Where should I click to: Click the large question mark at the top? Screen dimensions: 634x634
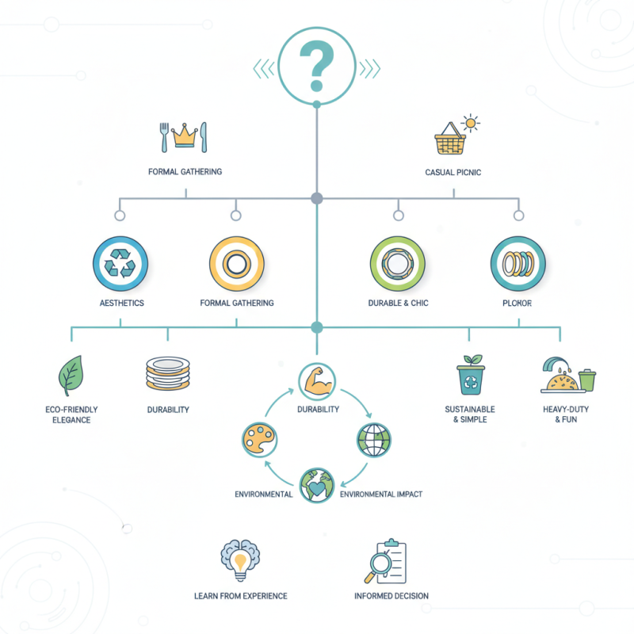pos(316,66)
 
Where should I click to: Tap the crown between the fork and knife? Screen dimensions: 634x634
pos(185,136)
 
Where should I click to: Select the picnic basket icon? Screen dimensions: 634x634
pos(450,139)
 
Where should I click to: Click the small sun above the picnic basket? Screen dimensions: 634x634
pos(470,123)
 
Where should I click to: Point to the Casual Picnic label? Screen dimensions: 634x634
pos(453,172)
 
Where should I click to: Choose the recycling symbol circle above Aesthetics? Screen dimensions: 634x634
pos(120,264)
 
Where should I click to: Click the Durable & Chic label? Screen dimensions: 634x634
pos(398,303)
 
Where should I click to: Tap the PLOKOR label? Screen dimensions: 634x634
pos(518,304)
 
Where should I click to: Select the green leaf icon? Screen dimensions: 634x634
pos(71,376)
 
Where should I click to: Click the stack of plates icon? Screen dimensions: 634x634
pos(168,373)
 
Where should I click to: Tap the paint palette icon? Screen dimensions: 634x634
pos(259,440)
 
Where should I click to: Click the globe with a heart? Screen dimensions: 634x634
pos(317,485)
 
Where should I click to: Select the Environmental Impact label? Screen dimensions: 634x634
pos(381,494)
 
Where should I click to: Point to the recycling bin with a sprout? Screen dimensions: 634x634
pos(471,374)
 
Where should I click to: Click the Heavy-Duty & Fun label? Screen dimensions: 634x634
pos(566,414)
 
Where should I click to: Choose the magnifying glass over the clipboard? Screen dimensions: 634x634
pos(380,564)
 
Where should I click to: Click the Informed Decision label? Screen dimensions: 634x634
pos(391,596)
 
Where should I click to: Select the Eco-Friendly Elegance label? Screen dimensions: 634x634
pos(71,414)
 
